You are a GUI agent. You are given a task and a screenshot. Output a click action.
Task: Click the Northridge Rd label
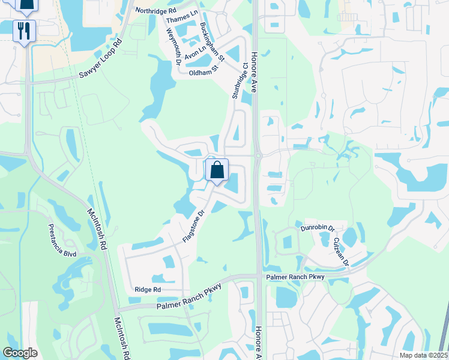(x=156, y=11)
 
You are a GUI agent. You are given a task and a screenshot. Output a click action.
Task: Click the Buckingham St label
(x=212, y=42)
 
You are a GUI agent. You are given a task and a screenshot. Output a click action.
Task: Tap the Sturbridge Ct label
(x=240, y=80)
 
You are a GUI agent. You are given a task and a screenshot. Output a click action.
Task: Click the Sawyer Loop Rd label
(x=100, y=59)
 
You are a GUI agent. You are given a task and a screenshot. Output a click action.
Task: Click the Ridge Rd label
(x=148, y=289)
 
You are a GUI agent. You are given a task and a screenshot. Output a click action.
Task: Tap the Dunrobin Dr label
(x=318, y=229)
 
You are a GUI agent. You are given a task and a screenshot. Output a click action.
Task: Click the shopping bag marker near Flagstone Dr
(x=217, y=170)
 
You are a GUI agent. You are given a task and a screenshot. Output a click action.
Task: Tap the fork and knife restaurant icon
(x=25, y=31)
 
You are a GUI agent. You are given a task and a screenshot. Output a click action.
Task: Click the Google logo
(x=20, y=353)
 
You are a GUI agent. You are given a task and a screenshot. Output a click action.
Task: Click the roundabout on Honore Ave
(x=258, y=155)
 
